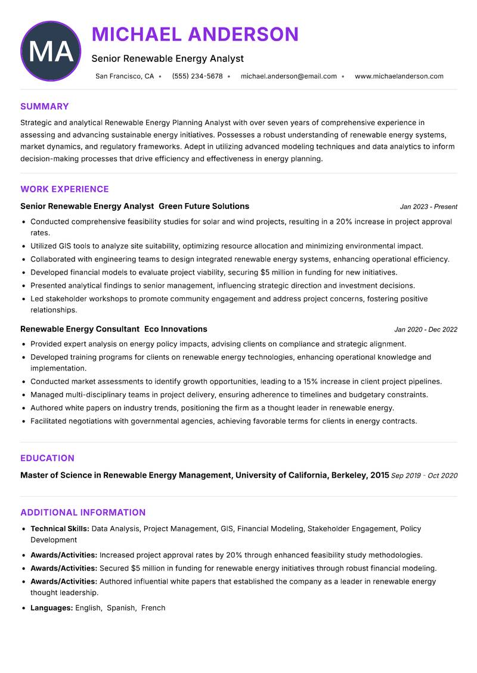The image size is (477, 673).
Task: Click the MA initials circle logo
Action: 51,51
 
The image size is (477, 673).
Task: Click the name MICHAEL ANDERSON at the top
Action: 195,35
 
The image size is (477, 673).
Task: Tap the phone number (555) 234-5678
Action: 197,76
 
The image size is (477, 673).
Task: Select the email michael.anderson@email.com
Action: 289,76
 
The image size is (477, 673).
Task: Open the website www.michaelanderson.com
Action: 399,76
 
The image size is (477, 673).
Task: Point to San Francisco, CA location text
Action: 125,76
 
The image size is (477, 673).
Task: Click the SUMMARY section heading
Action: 44,107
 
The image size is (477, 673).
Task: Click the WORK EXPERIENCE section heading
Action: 64,189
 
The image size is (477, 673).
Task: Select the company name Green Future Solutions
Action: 204,207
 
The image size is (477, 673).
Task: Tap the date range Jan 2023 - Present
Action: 428,207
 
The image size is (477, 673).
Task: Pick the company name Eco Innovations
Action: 176,329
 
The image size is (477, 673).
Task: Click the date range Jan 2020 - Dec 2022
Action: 425,330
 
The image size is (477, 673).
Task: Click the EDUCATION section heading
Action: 47,459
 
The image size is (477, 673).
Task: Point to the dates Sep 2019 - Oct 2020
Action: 424,476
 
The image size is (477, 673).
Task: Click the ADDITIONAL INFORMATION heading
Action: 83,513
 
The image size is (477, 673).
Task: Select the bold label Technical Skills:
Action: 60,529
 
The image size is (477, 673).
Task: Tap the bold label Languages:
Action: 51,608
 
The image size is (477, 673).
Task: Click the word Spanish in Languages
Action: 121,608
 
